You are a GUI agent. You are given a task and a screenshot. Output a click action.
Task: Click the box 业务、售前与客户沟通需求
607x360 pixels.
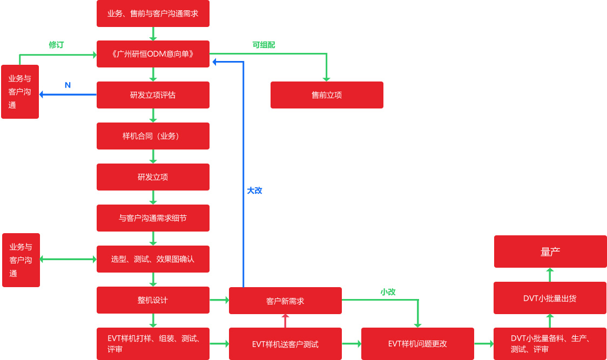click(x=153, y=13)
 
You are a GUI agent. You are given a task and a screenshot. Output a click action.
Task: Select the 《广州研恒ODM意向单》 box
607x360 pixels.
click(x=153, y=54)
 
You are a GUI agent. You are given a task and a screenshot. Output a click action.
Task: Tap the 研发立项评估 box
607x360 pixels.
click(x=153, y=95)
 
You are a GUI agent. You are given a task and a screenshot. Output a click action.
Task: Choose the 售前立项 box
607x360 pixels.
click(x=327, y=95)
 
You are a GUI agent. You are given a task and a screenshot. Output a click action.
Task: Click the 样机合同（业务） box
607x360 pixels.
click(x=153, y=136)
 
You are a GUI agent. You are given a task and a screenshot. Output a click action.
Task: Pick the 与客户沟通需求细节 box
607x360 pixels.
click(x=153, y=218)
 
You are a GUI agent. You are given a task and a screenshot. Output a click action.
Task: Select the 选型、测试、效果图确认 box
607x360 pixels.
click(x=153, y=259)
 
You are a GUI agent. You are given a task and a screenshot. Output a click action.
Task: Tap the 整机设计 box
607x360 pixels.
click(x=153, y=300)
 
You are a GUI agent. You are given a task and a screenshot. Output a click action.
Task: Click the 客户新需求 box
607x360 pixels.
click(x=285, y=301)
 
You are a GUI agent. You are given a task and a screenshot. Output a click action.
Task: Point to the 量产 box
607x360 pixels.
click(x=550, y=252)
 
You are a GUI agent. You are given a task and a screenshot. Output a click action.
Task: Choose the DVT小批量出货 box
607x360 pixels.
click(x=550, y=298)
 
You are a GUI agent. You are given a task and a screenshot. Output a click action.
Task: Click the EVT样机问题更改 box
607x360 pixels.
click(x=417, y=344)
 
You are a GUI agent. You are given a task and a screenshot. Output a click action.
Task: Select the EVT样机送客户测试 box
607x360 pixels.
click(x=285, y=344)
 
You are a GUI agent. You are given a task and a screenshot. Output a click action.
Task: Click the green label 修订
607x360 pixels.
click(x=56, y=45)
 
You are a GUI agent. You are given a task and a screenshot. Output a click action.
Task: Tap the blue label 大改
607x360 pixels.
click(x=254, y=191)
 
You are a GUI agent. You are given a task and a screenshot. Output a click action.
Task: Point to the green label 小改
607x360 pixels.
click(x=388, y=292)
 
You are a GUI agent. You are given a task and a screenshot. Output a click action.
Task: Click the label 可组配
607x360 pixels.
click(x=264, y=45)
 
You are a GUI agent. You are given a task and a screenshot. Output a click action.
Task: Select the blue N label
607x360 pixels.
click(x=68, y=85)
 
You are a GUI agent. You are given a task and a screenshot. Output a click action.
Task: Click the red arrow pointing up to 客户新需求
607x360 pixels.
click(x=285, y=321)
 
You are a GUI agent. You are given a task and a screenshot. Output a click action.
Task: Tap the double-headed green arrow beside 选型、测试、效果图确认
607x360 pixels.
click(x=68, y=259)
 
